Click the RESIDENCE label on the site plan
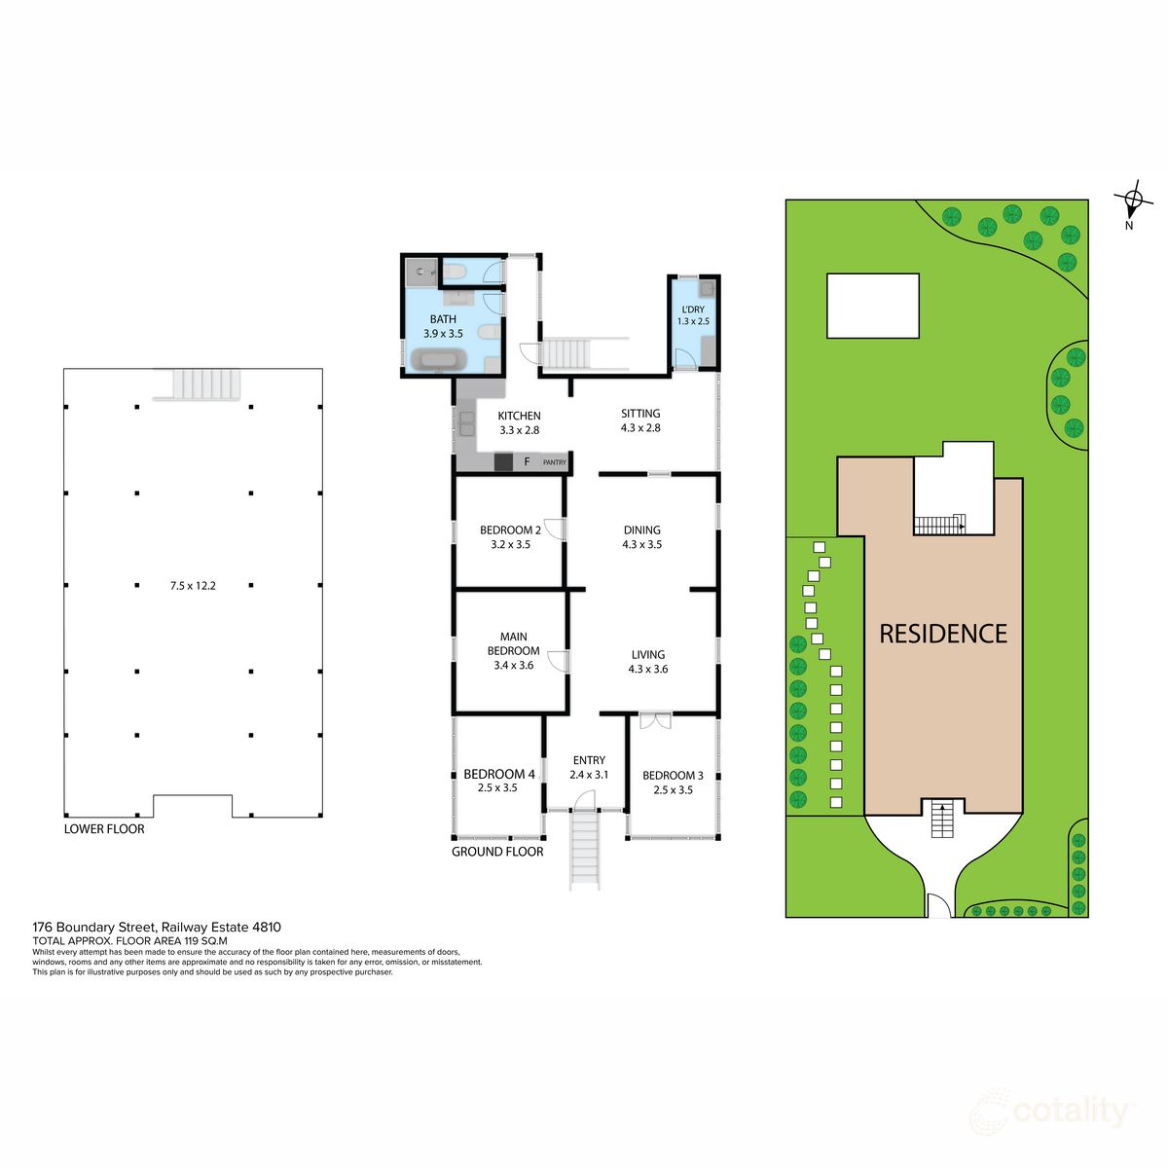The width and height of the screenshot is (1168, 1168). pyautogui.click(x=942, y=634)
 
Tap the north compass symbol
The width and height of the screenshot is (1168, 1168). pyautogui.click(x=1133, y=202)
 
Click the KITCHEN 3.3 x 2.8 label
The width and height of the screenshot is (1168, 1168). pyautogui.click(x=520, y=422)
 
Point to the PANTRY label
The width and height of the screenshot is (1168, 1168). pyautogui.click(x=554, y=462)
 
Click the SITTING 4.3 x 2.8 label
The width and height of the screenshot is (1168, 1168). pyautogui.click(x=640, y=420)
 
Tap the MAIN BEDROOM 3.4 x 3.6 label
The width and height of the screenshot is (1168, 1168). pyautogui.click(x=514, y=651)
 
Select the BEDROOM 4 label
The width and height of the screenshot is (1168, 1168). pyautogui.click(x=498, y=775)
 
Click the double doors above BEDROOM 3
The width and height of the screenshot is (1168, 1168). pyautogui.click(x=655, y=721)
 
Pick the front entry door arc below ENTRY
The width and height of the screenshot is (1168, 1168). pyautogui.click(x=584, y=799)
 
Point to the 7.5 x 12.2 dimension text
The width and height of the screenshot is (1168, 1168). pyautogui.click(x=193, y=586)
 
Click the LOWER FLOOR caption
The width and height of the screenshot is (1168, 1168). pyautogui.click(x=104, y=829)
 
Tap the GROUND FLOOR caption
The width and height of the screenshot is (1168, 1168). pyautogui.click(x=497, y=852)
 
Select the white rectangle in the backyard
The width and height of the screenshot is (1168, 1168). pyautogui.click(x=872, y=306)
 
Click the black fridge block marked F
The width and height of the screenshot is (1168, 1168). pyautogui.click(x=504, y=462)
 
